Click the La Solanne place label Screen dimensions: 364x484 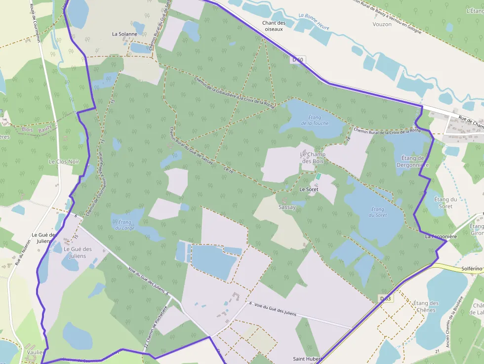click(x=124, y=34)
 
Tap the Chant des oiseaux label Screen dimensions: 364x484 click(x=274, y=26)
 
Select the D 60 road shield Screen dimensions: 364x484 click(x=297, y=60)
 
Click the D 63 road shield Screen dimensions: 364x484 click(x=386, y=299)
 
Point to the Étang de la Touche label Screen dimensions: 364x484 click(x=314, y=121)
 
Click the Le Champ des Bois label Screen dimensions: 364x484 click(x=313, y=158)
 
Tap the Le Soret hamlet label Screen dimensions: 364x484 click(x=309, y=189)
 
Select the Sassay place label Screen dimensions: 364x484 click(x=287, y=207)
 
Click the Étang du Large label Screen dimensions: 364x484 click(x=124, y=225)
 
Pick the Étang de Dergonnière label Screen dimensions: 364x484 click(x=412, y=162)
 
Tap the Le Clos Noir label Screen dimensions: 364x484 click(x=64, y=162)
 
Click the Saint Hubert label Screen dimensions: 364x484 click(x=307, y=359)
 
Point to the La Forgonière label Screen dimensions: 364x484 click(x=441, y=237)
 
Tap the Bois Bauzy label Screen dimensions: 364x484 click(x=34, y=129)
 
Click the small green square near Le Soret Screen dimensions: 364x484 click(x=319, y=176)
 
